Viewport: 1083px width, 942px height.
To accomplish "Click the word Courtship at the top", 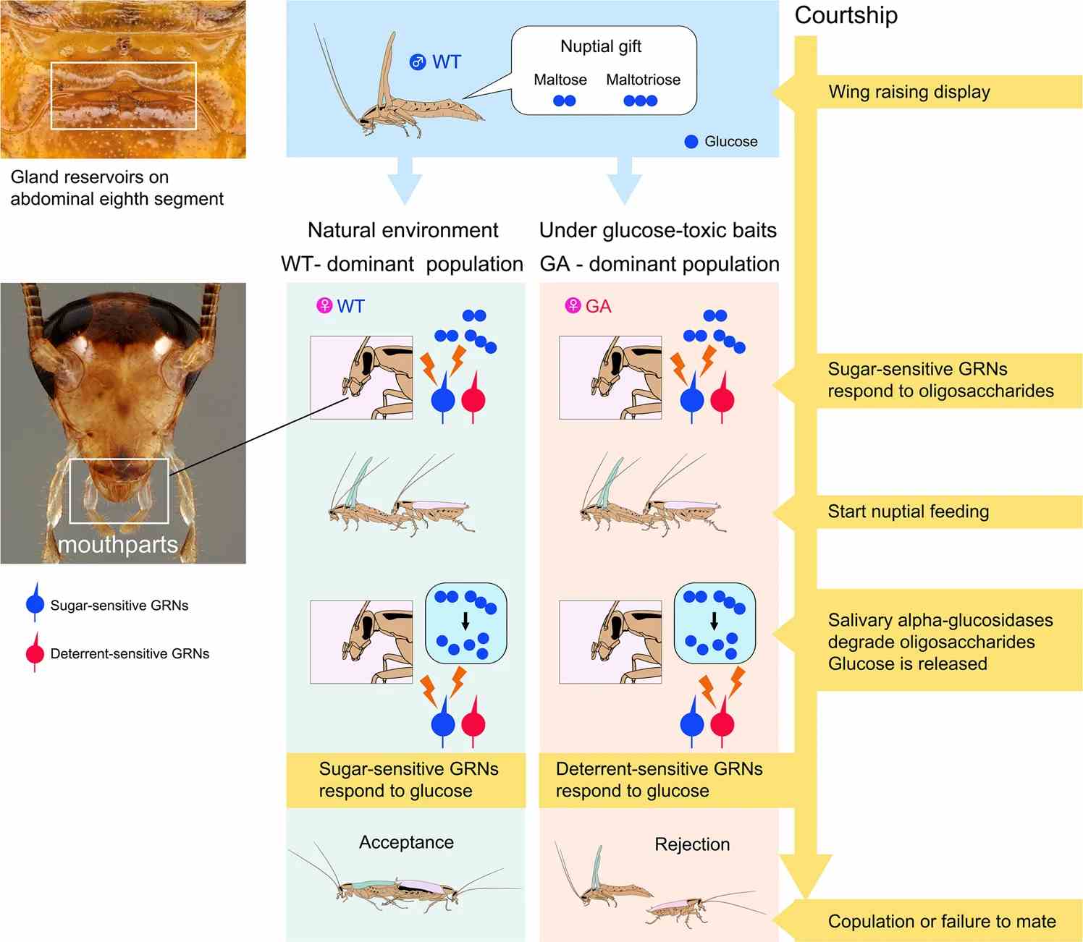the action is coord(846,15).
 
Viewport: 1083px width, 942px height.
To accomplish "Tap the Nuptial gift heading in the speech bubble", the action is coord(601,46).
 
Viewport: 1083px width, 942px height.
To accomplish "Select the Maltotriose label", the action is coord(643,80).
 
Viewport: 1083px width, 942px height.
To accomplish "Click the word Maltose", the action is coord(560,80).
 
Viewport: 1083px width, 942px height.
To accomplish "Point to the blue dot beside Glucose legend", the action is coord(691,141).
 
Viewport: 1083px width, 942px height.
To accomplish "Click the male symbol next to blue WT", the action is coord(418,62).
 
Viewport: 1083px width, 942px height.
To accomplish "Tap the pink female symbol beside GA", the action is coord(573,305).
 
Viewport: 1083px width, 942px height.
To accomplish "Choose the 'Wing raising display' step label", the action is coord(909,91).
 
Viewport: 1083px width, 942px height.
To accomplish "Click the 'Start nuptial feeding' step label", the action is coord(908,511).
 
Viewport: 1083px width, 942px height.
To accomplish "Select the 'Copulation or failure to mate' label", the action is coord(942,921).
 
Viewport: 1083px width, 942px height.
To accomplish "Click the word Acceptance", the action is coord(406,841).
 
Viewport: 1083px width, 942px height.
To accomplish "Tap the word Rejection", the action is coord(692,844).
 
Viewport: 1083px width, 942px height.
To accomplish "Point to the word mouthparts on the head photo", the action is coord(117,544).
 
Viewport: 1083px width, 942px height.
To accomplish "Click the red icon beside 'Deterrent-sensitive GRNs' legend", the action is coord(35,652).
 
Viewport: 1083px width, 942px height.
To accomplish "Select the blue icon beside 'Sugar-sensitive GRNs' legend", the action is coord(35,603).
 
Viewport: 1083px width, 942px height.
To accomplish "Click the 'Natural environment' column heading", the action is coord(403,230).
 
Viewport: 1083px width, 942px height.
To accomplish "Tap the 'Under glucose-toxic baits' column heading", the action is coord(657,231).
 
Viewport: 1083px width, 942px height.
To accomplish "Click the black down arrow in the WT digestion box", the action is coord(465,621).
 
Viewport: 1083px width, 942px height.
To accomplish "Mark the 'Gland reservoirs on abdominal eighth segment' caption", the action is coord(117,188).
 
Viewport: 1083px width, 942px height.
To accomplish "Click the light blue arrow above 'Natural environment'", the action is coord(405,180).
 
